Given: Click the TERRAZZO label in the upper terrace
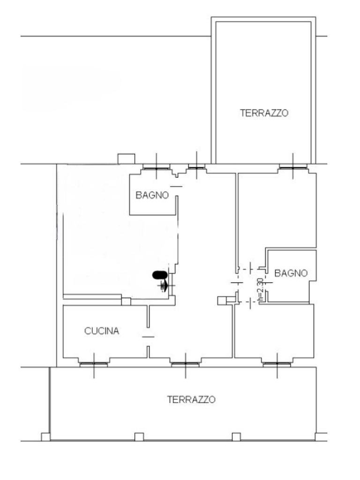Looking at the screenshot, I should (264, 113).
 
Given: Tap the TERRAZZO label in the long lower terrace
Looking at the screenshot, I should (191, 399).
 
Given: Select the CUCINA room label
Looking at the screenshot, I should (102, 331).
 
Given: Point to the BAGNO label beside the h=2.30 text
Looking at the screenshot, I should (291, 273).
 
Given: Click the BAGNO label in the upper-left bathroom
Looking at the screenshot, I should (152, 195).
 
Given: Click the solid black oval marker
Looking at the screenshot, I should (158, 275).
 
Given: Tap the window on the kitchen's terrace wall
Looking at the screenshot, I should (94, 363).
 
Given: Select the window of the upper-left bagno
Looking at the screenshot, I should (156, 168).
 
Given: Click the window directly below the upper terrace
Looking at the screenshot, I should (293, 166).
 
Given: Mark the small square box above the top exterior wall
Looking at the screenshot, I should (126, 158).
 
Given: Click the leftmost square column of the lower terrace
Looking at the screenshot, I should (45, 437).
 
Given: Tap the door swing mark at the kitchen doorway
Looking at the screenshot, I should (148, 336).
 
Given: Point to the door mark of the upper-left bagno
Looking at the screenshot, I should (176, 187).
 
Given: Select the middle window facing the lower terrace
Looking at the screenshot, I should (186, 363).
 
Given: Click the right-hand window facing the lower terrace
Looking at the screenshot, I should (277, 363).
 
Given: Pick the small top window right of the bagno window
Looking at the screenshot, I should (196, 166).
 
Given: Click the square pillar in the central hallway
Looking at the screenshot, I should (222, 300).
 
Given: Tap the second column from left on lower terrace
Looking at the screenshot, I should (139, 437).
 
